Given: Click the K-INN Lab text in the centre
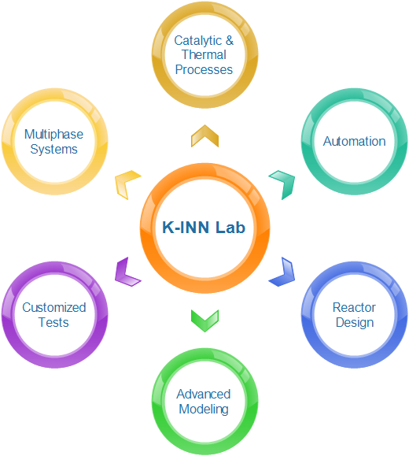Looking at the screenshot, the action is pos(204,227).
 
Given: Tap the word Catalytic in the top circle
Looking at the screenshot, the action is pos(198,41).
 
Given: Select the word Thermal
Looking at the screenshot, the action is pos(204,54).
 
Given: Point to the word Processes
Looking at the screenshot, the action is pos(204,70).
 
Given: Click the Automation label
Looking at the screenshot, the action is pos(355,141).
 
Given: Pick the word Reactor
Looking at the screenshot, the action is pos(354,307).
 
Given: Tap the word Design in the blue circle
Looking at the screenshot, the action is pos(355,323).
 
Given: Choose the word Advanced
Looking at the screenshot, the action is pos(204,394).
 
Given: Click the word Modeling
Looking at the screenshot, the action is pos(204,410).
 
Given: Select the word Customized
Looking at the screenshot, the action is pos(54,307).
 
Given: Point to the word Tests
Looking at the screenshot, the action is pos(53,323).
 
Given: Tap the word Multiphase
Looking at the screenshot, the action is pos(53,135).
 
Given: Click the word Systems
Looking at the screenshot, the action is pos(53,150).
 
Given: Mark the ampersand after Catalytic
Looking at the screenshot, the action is pos(229,40).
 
